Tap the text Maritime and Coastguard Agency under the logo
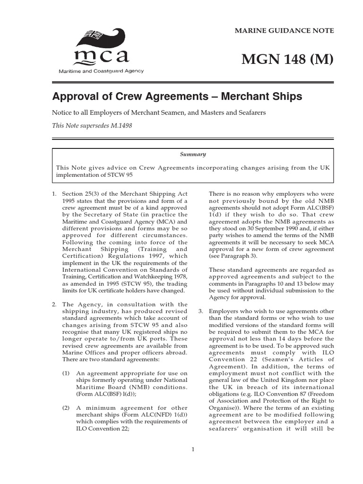[101, 71]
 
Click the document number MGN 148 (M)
[287, 60]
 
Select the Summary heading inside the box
[192, 154]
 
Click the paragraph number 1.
[54, 194]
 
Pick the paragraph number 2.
[54, 304]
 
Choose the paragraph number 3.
[200, 311]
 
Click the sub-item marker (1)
[67, 373]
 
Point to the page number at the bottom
[193, 449]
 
